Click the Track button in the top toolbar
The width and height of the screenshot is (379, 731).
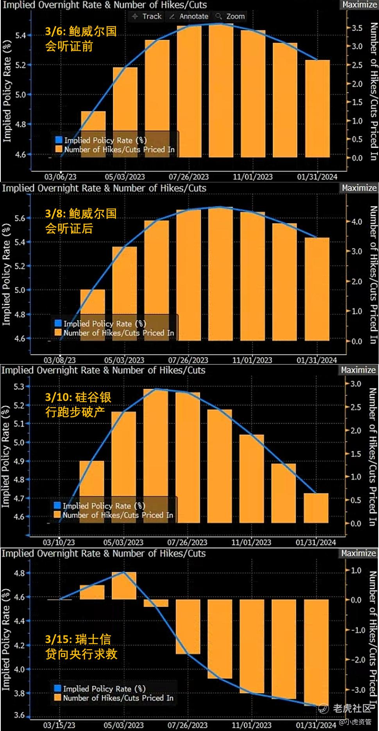click(147, 16)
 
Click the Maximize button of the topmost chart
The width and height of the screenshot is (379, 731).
click(359, 5)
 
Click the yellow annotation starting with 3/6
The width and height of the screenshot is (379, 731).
click(81, 39)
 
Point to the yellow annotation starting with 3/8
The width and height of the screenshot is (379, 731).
click(81, 221)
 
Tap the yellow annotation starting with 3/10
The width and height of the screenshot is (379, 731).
click(78, 404)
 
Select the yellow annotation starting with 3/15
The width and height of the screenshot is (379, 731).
click(81, 646)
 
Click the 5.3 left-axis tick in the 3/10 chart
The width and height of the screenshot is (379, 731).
click(19, 386)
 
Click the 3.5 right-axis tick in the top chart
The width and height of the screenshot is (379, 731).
click(357, 28)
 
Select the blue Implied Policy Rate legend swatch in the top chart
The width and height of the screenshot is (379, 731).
click(59, 140)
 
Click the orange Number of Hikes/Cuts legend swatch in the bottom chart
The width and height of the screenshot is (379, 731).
click(58, 697)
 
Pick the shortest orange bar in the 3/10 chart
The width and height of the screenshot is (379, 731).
click(316, 508)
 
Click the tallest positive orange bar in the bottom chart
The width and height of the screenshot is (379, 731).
click(124, 585)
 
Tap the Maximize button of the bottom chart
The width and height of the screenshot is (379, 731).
click(358, 553)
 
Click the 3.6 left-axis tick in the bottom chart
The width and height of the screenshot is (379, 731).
click(19, 715)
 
